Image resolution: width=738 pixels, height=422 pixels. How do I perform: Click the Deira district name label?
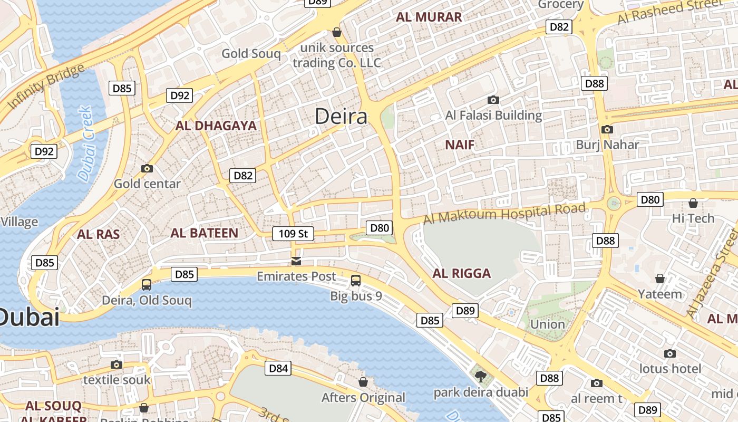click(x=341, y=116)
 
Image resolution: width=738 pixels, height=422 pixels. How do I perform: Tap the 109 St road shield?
click(x=293, y=233)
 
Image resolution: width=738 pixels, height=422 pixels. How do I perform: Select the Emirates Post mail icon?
click(x=296, y=261)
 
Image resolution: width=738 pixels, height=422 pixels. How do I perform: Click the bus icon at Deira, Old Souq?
click(x=147, y=285)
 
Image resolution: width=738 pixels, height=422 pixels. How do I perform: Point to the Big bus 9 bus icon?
click(x=356, y=281)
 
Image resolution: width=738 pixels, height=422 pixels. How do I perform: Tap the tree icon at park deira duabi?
click(x=480, y=376)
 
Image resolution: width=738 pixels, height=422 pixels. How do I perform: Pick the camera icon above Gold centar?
click(x=147, y=169)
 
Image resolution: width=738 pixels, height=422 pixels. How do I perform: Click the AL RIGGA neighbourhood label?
click(x=461, y=273)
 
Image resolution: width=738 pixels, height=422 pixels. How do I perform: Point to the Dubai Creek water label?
click(x=85, y=143)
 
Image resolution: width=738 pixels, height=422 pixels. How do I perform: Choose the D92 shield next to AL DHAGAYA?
click(x=180, y=95)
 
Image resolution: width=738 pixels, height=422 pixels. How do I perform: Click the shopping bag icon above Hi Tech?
click(x=693, y=203)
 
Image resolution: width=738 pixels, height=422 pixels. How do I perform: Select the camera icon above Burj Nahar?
click(x=607, y=129)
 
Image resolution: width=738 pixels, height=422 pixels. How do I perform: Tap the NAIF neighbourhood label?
click(x=460, y=145)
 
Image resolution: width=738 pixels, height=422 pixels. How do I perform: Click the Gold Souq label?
click(x=251, y=53)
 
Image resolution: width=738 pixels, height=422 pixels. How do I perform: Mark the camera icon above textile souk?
click(x=116, y=365)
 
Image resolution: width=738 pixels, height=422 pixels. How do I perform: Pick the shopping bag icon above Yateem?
click(x=659, y=279)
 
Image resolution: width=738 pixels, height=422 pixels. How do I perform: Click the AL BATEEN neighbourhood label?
click(x=204, y=233)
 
